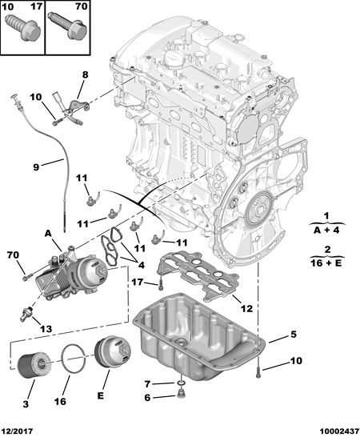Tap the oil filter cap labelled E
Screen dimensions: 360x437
tap(112, 352)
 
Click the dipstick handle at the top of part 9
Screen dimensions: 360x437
tap(17, 101)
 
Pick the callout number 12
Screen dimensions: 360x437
tap(246, 308)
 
